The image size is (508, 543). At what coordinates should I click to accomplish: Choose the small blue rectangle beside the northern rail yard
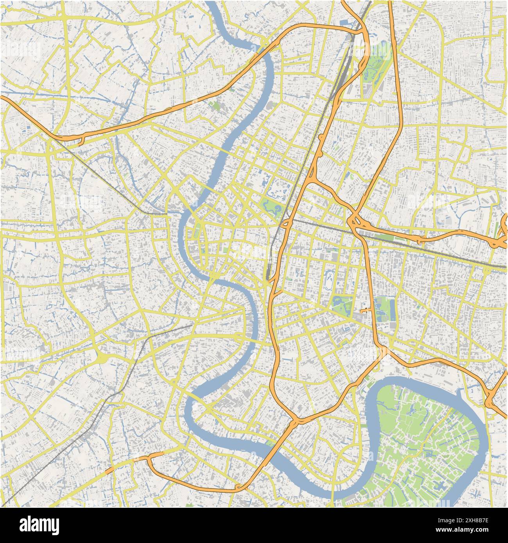pos(345,23)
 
